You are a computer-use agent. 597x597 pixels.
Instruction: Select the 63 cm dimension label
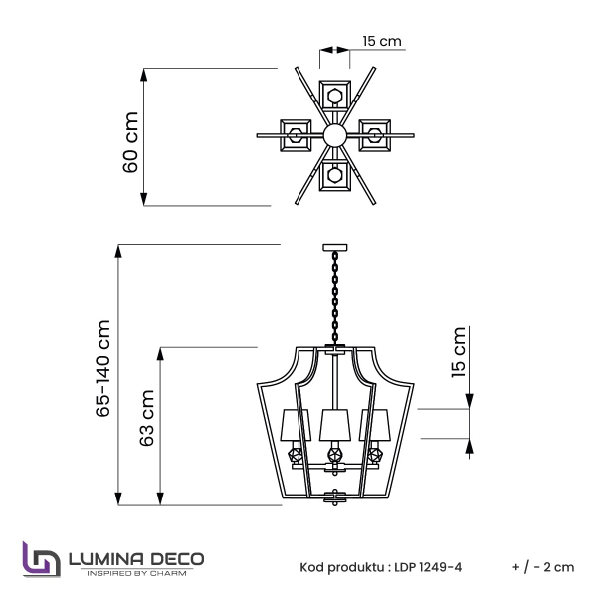tap(147, 426)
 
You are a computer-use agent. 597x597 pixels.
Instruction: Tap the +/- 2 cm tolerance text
tap(543, 567)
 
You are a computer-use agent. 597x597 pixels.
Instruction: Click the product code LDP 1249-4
tap(426, 567)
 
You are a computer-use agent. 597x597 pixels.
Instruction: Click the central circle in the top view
tap(334, 134)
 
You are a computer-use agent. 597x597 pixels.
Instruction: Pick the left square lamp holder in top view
tap(295, 134)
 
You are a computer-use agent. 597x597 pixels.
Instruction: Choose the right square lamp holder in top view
tap(374, 134)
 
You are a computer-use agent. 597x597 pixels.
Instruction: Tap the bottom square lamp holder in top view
tap(334, 177)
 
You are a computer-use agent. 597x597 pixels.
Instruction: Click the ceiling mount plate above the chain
tap(335, 246)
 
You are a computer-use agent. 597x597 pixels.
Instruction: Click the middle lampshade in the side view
tap(335, 426)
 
